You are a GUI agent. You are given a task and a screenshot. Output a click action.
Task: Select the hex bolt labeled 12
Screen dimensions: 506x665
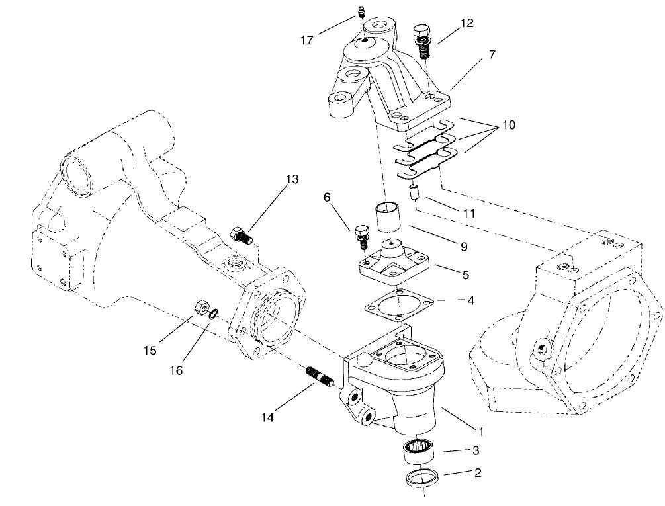(x=420, y=36)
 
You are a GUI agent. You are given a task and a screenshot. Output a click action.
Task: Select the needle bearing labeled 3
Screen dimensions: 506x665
(x=418, y=453)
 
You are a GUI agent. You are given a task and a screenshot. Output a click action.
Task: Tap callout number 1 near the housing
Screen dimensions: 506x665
(x=482, y=432)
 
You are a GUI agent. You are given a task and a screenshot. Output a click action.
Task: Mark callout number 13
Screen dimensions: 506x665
(x=292, y=179)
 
